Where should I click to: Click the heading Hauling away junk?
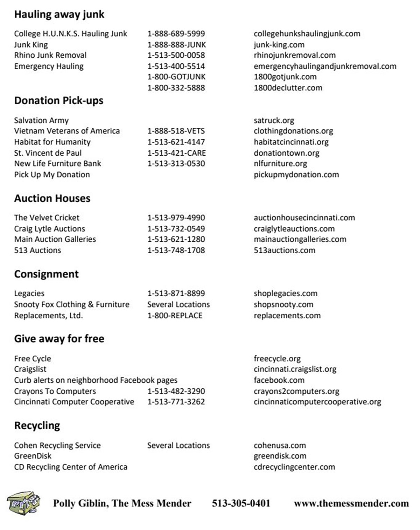(59, 14)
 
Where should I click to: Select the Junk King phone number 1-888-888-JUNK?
(176, 45)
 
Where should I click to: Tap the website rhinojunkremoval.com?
(294, 55)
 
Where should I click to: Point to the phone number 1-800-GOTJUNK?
(176, 77)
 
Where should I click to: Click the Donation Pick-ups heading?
(58, 101)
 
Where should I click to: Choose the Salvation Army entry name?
(41, 120)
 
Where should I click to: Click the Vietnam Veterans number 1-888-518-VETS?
(176, 131)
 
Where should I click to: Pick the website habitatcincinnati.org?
(291, 142)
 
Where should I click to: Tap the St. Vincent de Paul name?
(48, 153)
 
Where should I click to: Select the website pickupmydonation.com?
(296, 175)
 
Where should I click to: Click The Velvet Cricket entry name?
(47, 218)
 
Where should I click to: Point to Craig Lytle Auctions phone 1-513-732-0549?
(176, 229)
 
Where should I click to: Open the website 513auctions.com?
(284, 250)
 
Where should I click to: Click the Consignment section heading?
(46, 274)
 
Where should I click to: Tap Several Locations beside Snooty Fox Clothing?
(178, 304)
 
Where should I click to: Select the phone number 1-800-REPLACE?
(175, 316)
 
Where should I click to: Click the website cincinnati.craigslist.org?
(295, 369)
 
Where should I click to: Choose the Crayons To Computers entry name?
(55, 391)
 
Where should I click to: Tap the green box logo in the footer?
(23, 503)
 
